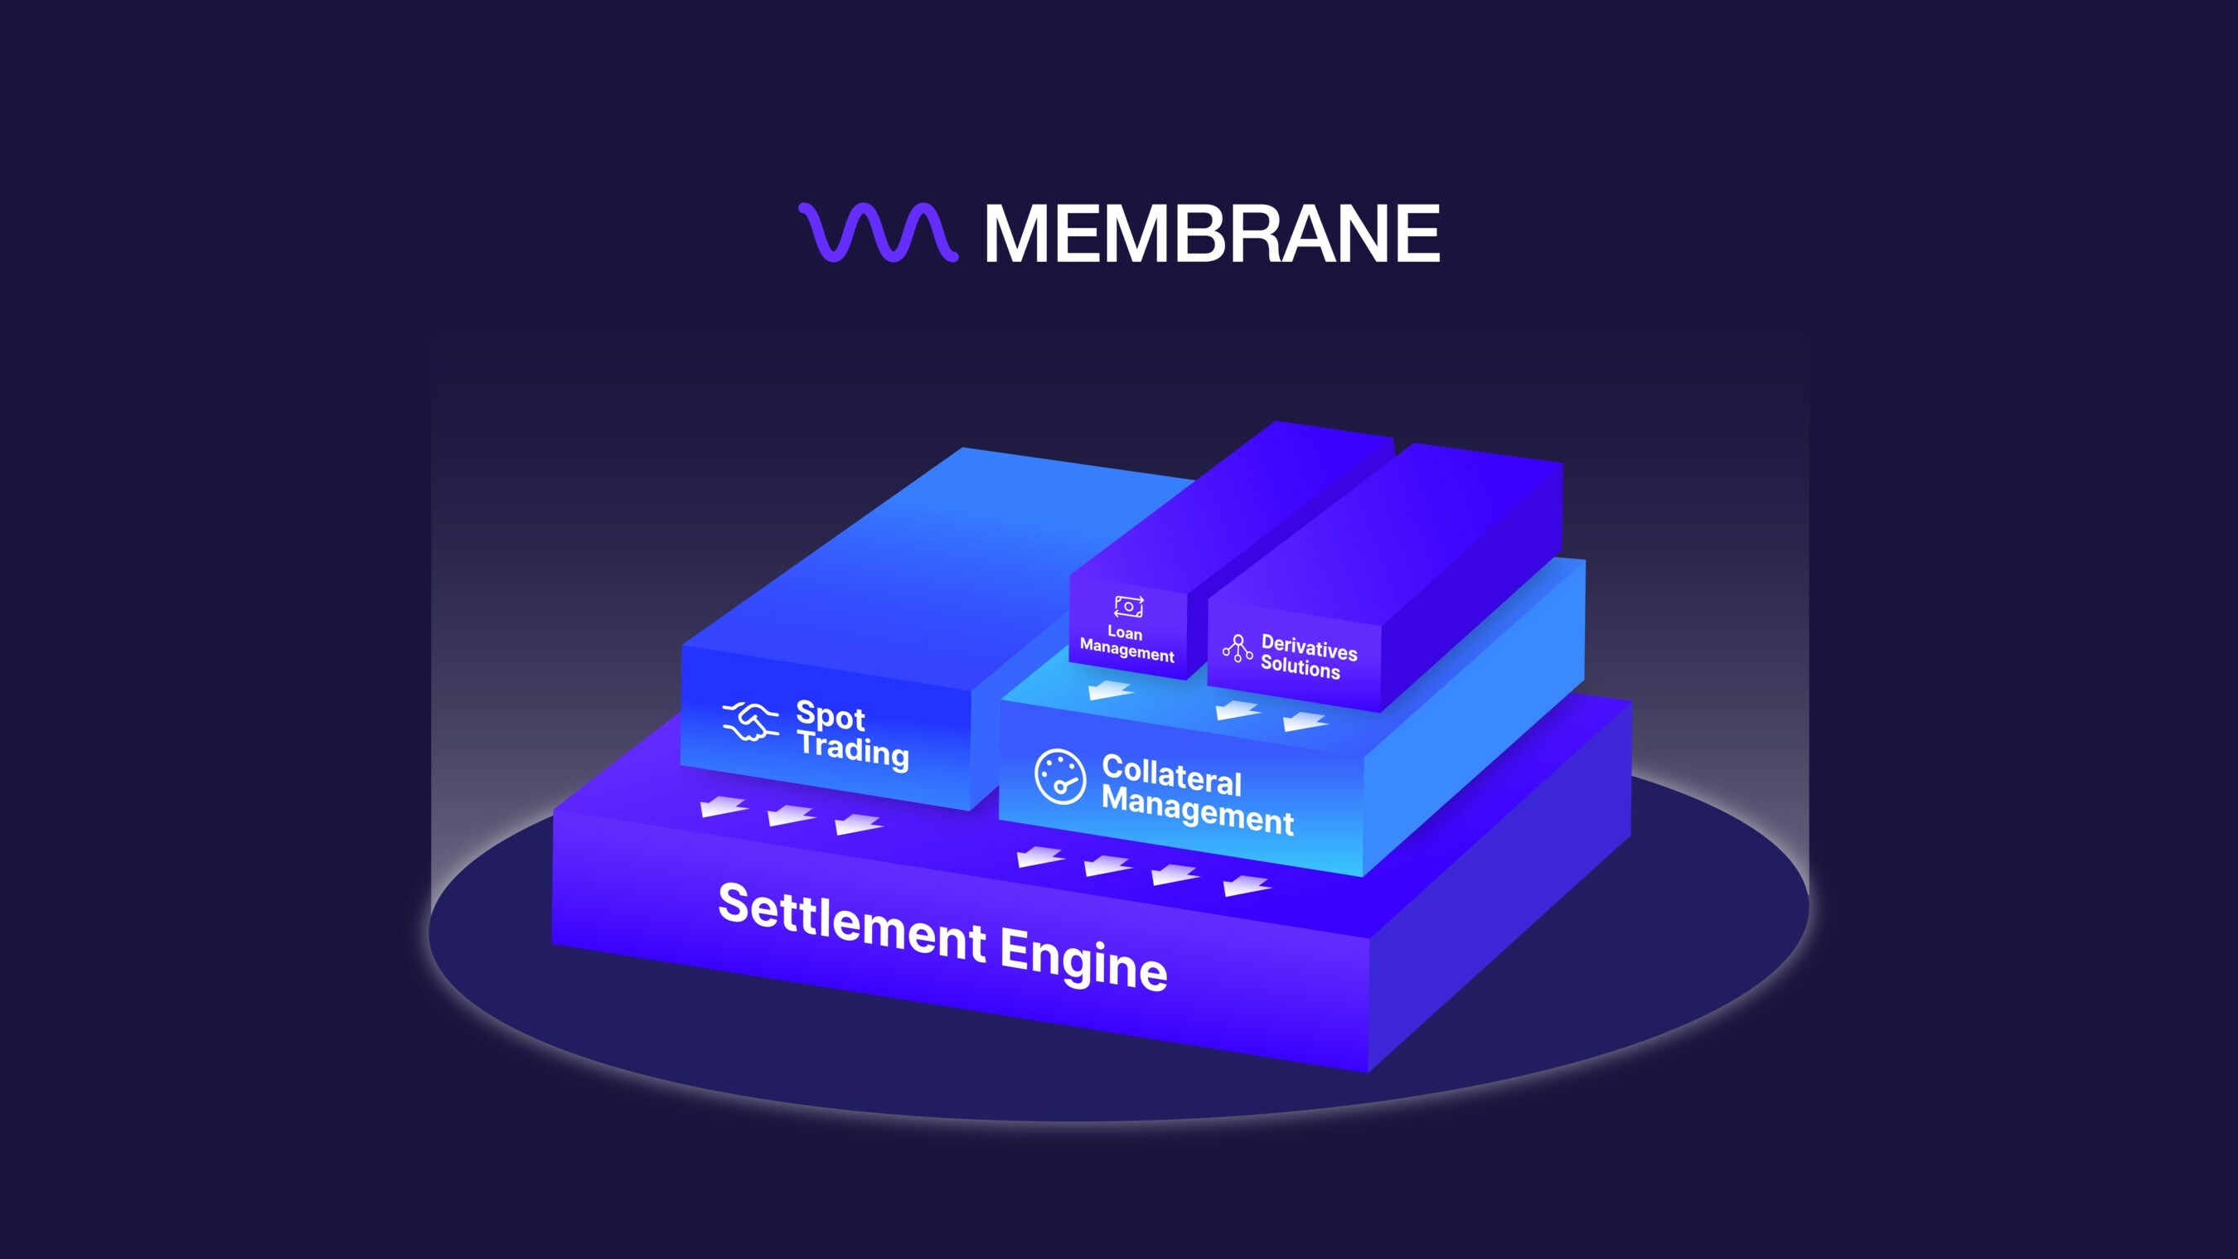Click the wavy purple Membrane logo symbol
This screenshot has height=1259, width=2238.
click(879, 233)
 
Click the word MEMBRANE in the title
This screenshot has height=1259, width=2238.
click(1212, 234)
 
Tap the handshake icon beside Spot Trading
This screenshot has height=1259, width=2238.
click(750, 721)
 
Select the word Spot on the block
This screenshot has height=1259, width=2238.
click(831, 715)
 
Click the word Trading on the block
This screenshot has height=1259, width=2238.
click(853, 750)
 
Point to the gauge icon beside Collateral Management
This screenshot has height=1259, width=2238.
click(1060, 776)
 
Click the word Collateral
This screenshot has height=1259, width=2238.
click(1172, 775)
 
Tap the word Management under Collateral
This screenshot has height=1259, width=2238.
click(1198, 811)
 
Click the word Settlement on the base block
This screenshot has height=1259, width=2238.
click(851, 920)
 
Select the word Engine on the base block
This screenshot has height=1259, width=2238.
click(1083, 958)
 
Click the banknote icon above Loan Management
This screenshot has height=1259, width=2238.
click(1129, 607)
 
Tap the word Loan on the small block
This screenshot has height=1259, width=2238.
click(1125, 632)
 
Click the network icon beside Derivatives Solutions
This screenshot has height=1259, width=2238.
click(1238, 648)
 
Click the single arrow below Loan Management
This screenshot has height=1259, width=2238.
click(1112, 690)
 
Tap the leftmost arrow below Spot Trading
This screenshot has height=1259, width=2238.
click(724, 807)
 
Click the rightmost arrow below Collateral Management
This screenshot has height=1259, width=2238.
click(1247, 885)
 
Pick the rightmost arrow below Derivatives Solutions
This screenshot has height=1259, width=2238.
click(1305, 720)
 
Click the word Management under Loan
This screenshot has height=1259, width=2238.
click(1126, 650)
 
